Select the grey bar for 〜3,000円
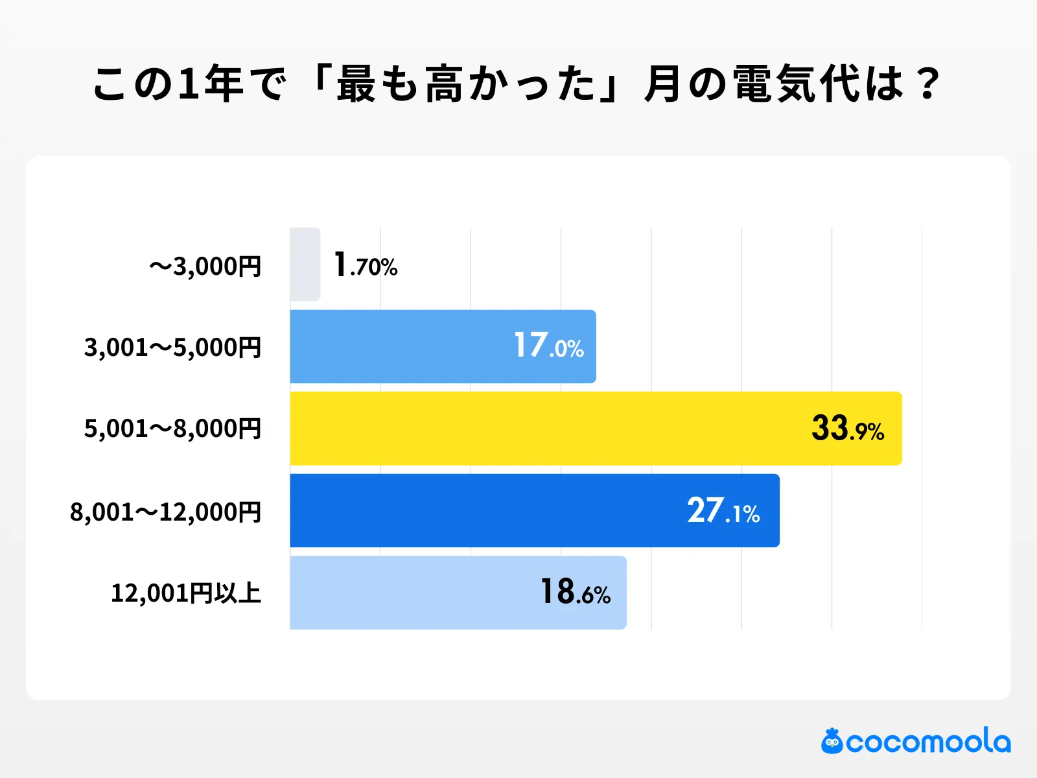305,265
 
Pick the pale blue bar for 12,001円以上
415,593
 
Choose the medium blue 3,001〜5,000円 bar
402,347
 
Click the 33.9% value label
847,429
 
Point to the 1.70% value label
365,265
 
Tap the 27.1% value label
723,511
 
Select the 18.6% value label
576,593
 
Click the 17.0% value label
548,346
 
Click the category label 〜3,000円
205,266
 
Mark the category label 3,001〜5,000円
172,348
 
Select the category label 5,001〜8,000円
172,429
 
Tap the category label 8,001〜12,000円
165,512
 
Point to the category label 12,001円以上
186,593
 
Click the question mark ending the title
928,84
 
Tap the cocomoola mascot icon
832,742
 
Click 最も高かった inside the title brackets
465,84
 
